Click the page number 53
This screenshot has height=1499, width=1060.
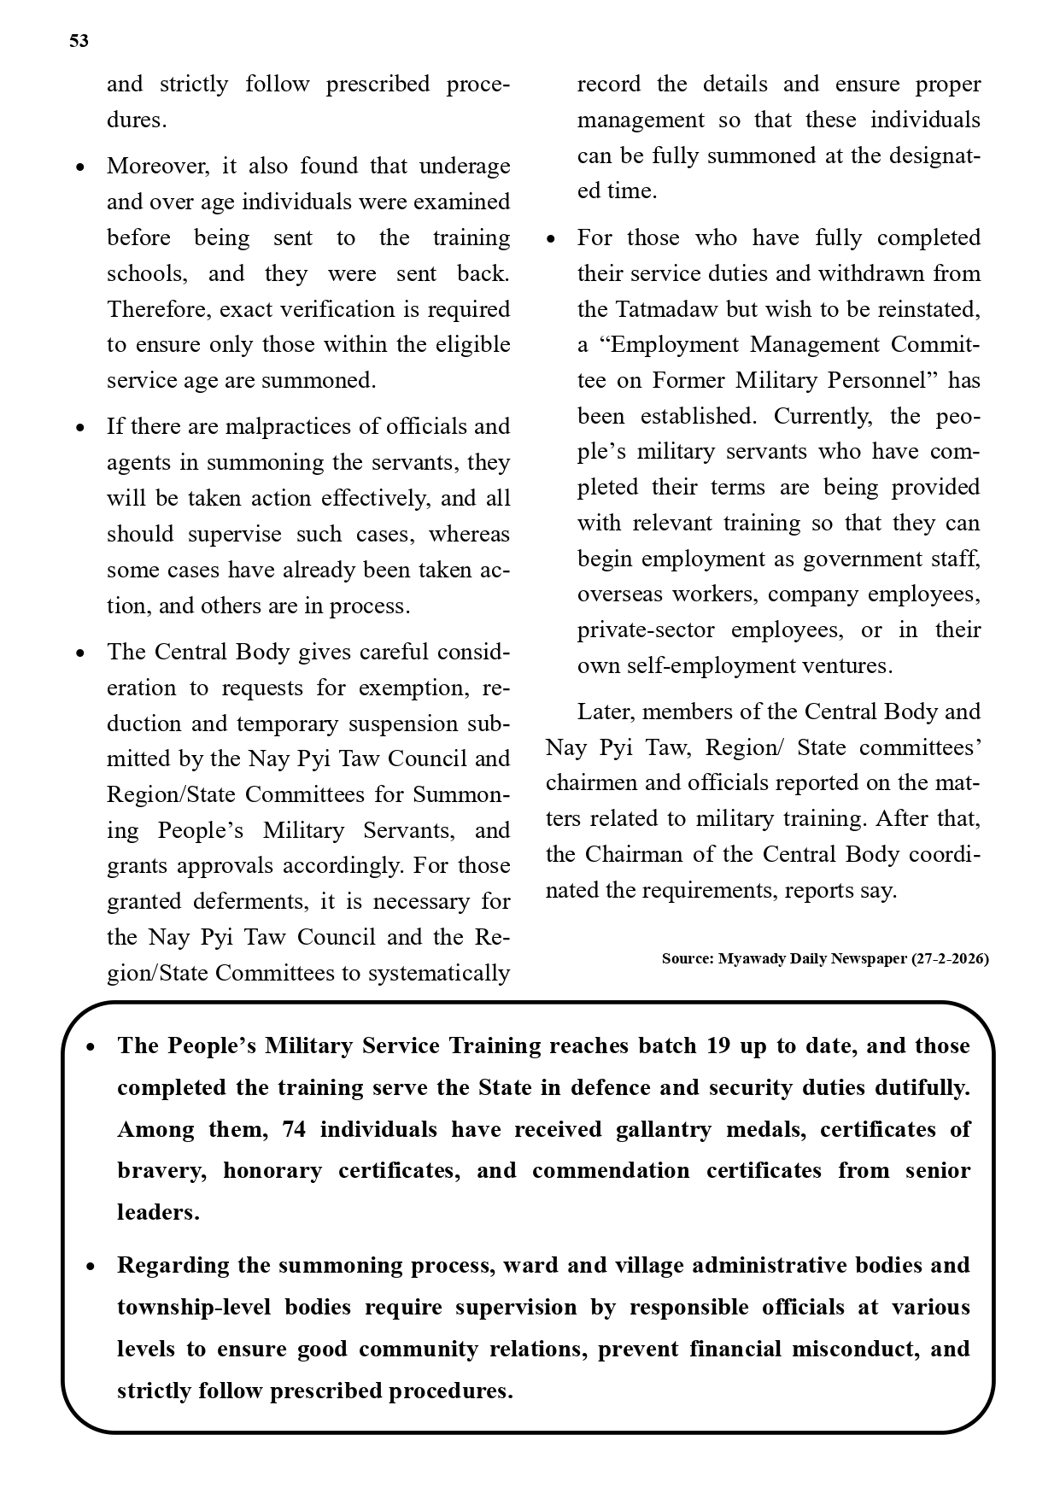[x=79, y=41]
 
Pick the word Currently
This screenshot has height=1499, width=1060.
[x=823, y=416]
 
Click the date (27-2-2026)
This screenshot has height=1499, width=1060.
[x=950, y=958]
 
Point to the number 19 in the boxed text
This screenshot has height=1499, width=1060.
[x=718, y=1046]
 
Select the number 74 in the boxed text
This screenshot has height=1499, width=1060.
[x=293, y=1129]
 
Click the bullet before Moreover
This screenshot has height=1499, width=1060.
[x=80, y=167]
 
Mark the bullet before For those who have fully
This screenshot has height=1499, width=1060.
[x=551, y=239]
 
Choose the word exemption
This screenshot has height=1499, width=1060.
[x=412, y=688]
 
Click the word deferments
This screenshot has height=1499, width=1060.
[x=248, y=902]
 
